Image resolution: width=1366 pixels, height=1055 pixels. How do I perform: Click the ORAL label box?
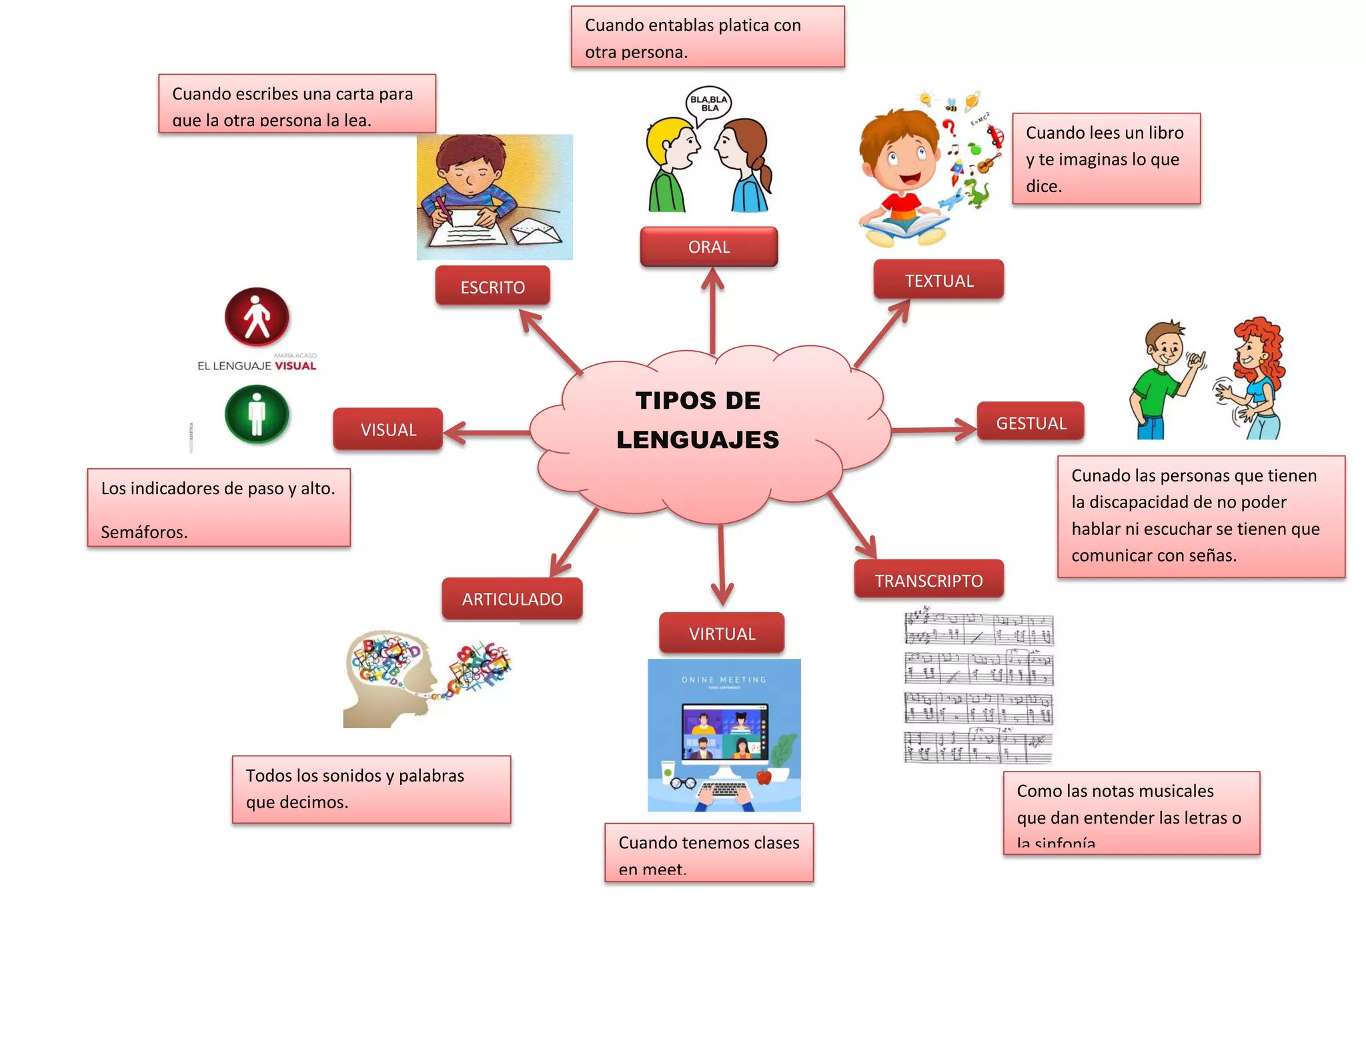point(708,247)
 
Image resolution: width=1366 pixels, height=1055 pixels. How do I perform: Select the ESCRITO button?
point(492,287)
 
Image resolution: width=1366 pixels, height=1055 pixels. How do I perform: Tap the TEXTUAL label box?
point(938,280)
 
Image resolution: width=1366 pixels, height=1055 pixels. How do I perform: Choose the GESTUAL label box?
point(1031,422)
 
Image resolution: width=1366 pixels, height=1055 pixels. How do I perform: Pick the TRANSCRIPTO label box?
point(928,580)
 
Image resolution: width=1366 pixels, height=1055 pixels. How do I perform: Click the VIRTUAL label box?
point(722,633)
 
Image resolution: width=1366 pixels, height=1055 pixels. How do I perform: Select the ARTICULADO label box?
point(512,599)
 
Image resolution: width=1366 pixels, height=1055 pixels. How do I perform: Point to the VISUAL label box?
point(388,429)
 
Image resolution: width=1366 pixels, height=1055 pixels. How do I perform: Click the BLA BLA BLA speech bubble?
point(709,104)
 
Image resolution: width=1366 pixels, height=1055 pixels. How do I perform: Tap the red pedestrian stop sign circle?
point(257,317)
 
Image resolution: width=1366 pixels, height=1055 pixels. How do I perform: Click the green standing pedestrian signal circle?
point(257,414)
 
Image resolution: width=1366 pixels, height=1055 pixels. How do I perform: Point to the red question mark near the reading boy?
point(949,127)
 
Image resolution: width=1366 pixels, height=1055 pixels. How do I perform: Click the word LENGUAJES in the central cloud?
point(698,439)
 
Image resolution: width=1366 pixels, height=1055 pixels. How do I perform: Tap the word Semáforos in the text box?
point(144,532)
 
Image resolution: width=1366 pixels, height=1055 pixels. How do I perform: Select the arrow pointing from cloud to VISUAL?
point(487,433)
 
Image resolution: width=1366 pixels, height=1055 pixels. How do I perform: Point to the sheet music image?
point(978,686)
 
